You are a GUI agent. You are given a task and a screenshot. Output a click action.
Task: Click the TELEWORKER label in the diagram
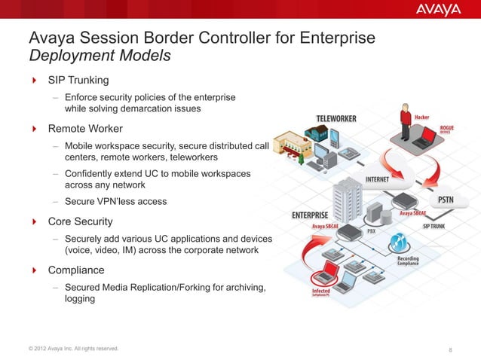pos(335,119)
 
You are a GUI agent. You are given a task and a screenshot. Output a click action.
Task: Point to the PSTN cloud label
pos(450,200)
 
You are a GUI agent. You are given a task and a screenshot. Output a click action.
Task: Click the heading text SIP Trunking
pos(78,80)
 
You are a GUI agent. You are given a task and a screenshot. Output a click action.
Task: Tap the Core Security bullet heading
pos(81,221)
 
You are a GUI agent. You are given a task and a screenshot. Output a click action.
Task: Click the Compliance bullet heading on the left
pos(76,270)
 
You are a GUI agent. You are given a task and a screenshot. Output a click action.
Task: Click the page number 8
pos(450,349)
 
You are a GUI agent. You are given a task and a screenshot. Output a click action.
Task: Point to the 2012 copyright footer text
pos(72,348)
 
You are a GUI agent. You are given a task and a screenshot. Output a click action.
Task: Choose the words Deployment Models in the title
pos(100,56)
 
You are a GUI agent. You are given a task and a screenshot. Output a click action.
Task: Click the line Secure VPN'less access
pos(115,201)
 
